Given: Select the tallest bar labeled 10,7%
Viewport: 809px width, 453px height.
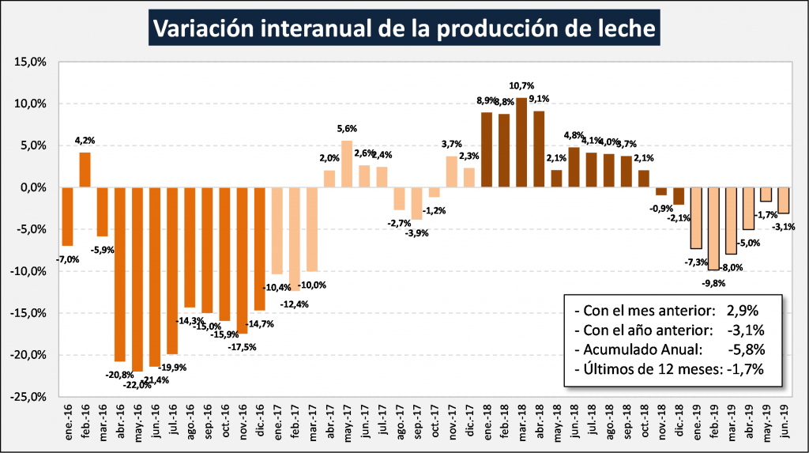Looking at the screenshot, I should [x=521, y=142].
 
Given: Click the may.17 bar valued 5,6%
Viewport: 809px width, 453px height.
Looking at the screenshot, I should [x=346, y=164].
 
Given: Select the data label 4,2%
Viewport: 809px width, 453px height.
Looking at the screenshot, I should [x=85, y=142].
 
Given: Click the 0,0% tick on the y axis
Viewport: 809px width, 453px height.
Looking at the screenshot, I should [x=35, y=187].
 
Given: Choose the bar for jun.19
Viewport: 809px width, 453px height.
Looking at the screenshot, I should [x=783, y=201].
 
